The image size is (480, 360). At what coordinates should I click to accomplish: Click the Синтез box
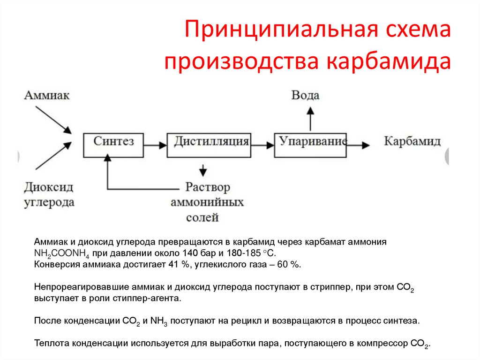pyautogui.click(x=113, y=145)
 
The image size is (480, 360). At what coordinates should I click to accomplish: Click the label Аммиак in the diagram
pyautogui.click(x=47, y=95)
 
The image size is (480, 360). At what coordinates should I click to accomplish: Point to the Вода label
pyautogui.click(x=305, y=95)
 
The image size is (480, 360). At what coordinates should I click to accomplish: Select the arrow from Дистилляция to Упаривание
pyautogui.click(x=262, y=145)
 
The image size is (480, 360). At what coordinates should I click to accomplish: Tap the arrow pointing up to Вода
pyautogui.click(x=310, y=118)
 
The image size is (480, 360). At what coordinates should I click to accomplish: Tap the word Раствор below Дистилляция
pyautogui.click(x=208, y=188)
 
